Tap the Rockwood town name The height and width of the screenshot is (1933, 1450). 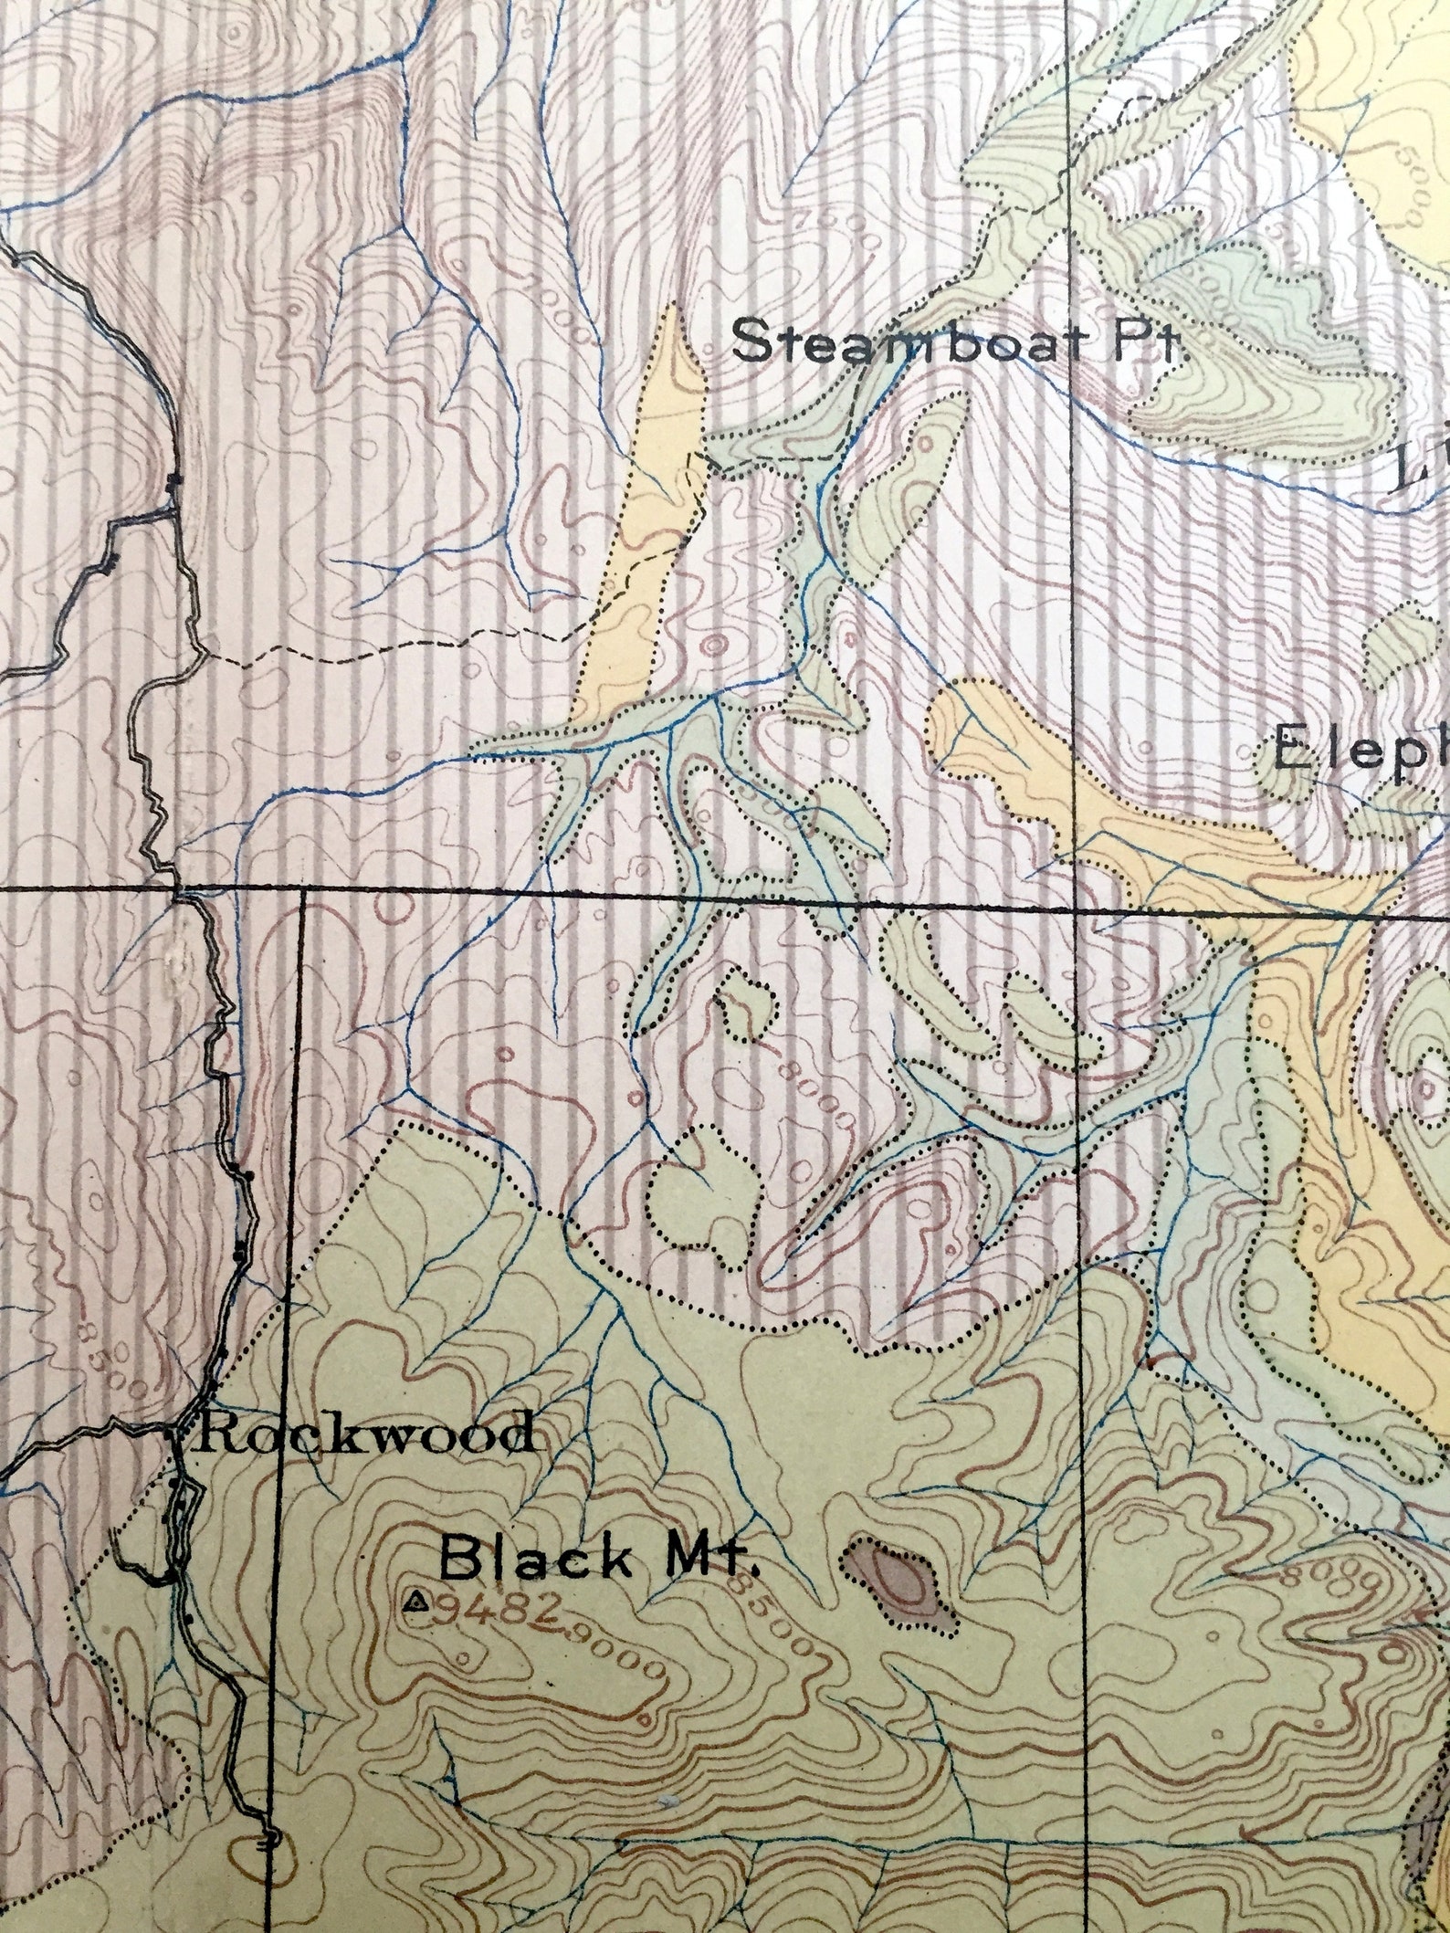tap(363, 1433)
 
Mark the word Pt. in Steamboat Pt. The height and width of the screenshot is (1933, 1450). tap(1146, 342)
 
